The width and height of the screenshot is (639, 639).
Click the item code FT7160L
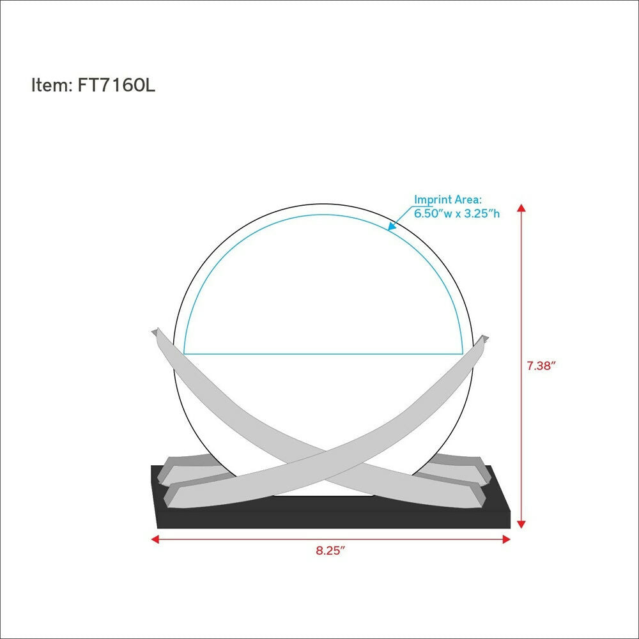116,86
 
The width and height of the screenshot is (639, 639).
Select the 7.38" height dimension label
541,366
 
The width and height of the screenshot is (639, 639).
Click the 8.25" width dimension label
330,551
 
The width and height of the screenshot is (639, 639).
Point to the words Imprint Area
447,199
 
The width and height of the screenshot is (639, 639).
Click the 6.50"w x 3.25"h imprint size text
457,213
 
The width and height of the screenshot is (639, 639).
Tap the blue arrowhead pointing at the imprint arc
392,226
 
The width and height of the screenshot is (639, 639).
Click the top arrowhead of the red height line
521,208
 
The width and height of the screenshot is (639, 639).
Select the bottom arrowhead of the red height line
521,524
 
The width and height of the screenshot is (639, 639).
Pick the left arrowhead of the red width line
155,539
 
